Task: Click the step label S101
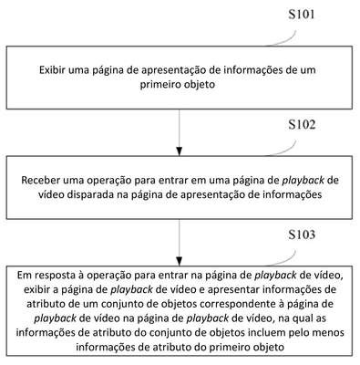pos(302,15)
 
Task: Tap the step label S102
pos(302,125)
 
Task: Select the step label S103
pos(302,235)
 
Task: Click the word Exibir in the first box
pos(52,70)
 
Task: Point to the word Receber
pos(41,180)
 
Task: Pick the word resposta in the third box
pos(55,276)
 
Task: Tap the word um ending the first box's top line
pos(307,70)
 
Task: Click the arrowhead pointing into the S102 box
pos(180,151)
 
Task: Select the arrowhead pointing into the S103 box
pos(180,262)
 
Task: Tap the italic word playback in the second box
pos(303,181)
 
